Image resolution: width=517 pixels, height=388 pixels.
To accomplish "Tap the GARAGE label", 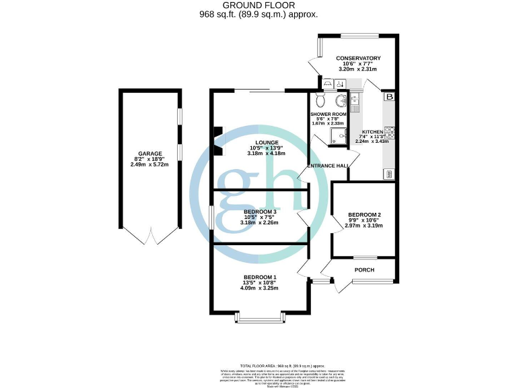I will (149, 154).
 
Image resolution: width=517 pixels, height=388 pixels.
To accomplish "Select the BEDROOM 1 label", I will (261, 278).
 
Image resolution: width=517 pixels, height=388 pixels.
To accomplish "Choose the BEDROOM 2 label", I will (365, 216).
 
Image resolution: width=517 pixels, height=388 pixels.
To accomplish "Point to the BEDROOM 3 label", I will (261, 212).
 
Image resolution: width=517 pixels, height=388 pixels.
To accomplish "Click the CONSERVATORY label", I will (359, 59).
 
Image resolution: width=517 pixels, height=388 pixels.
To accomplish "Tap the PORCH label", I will (364, 270).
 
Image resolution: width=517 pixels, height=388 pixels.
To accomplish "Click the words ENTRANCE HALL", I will (328, 166).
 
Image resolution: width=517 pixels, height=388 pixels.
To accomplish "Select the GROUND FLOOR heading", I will (258, 5).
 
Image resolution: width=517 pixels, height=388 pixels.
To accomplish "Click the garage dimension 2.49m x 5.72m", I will (149, 164).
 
